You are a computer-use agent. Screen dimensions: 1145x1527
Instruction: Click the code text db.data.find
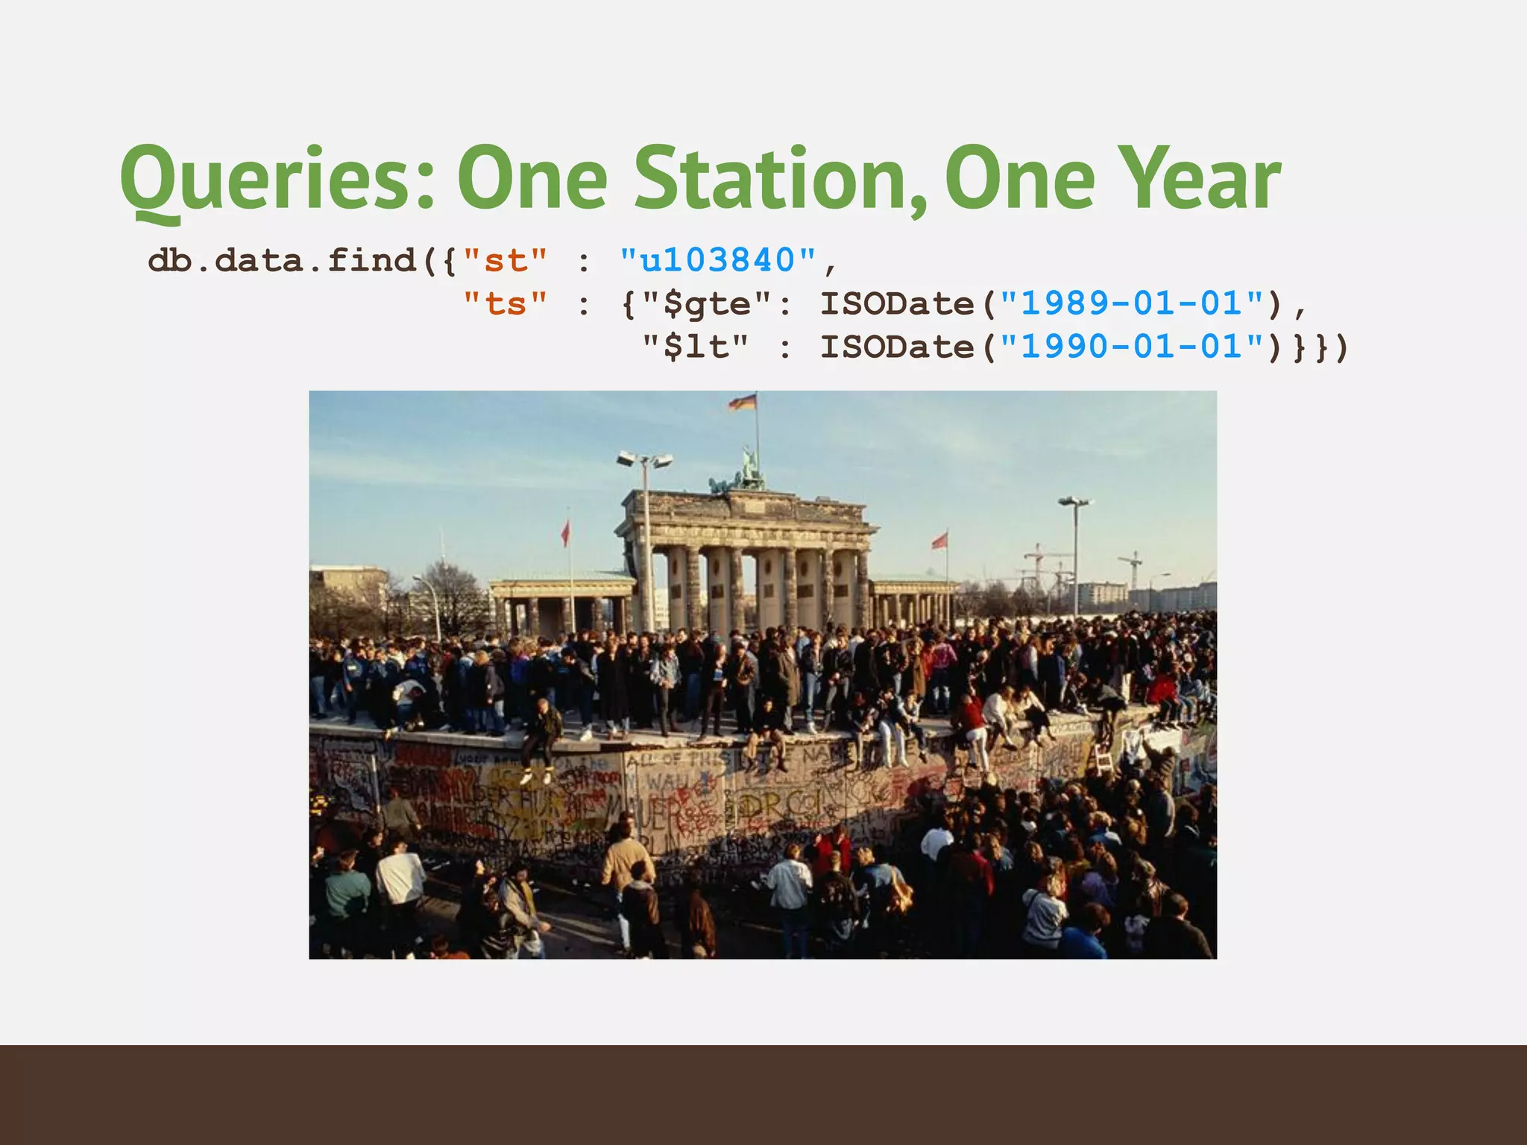[282, 261]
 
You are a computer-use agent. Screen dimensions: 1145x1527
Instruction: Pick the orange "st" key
[506, 261]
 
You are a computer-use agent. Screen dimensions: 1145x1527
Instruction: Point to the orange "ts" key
[506, 304]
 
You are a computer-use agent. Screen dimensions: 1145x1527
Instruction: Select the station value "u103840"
[718, 261]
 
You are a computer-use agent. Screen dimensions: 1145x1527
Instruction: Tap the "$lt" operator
[696, 347]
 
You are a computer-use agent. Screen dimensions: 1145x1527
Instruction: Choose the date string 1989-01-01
[1132, 304]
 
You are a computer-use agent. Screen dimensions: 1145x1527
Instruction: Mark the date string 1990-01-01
[1132, 347]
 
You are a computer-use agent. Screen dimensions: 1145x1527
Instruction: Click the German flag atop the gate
[743, 403]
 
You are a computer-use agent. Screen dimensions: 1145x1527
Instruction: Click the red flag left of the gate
[565, 532]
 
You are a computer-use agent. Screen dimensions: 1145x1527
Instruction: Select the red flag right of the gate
[940, 540]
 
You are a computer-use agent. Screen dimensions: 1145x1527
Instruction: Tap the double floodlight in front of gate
[644, 460]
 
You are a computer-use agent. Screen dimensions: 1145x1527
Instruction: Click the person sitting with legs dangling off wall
[542, 738]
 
